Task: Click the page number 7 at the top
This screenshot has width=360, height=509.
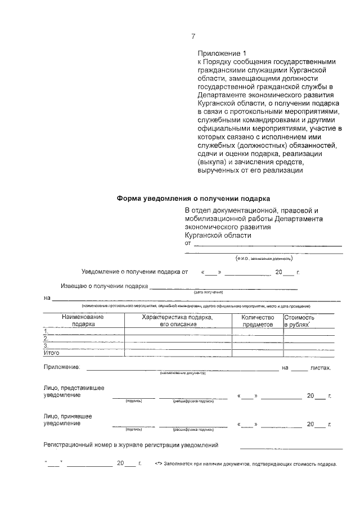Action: point(193,37)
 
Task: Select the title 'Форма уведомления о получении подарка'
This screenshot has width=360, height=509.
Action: point(193,199)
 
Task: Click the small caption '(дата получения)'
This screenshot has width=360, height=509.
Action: point(209,292)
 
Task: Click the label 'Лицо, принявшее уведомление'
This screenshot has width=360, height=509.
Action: point(67,420)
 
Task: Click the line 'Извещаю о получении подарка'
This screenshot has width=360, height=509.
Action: point(104,286)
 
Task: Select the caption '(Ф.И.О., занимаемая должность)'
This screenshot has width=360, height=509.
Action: point(264,258)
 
